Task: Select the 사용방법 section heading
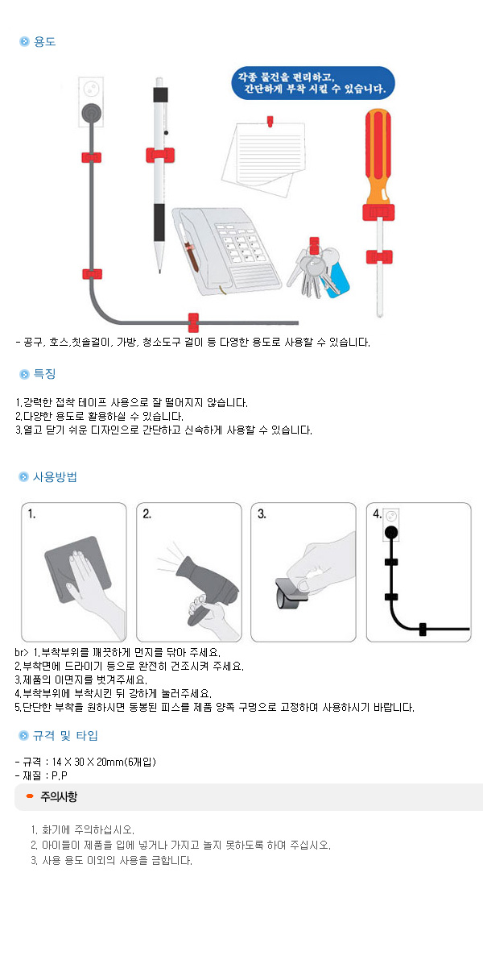click(x=54, y=477)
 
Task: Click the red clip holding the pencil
click(x=160, y=155)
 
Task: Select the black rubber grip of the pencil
click(x=159, y=222)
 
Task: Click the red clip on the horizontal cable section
click(x=192, y=322)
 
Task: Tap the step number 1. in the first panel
click(x=31, y=513)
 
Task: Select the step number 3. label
click(x=262, y=513)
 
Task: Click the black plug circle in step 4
click(x=391, y=532)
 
